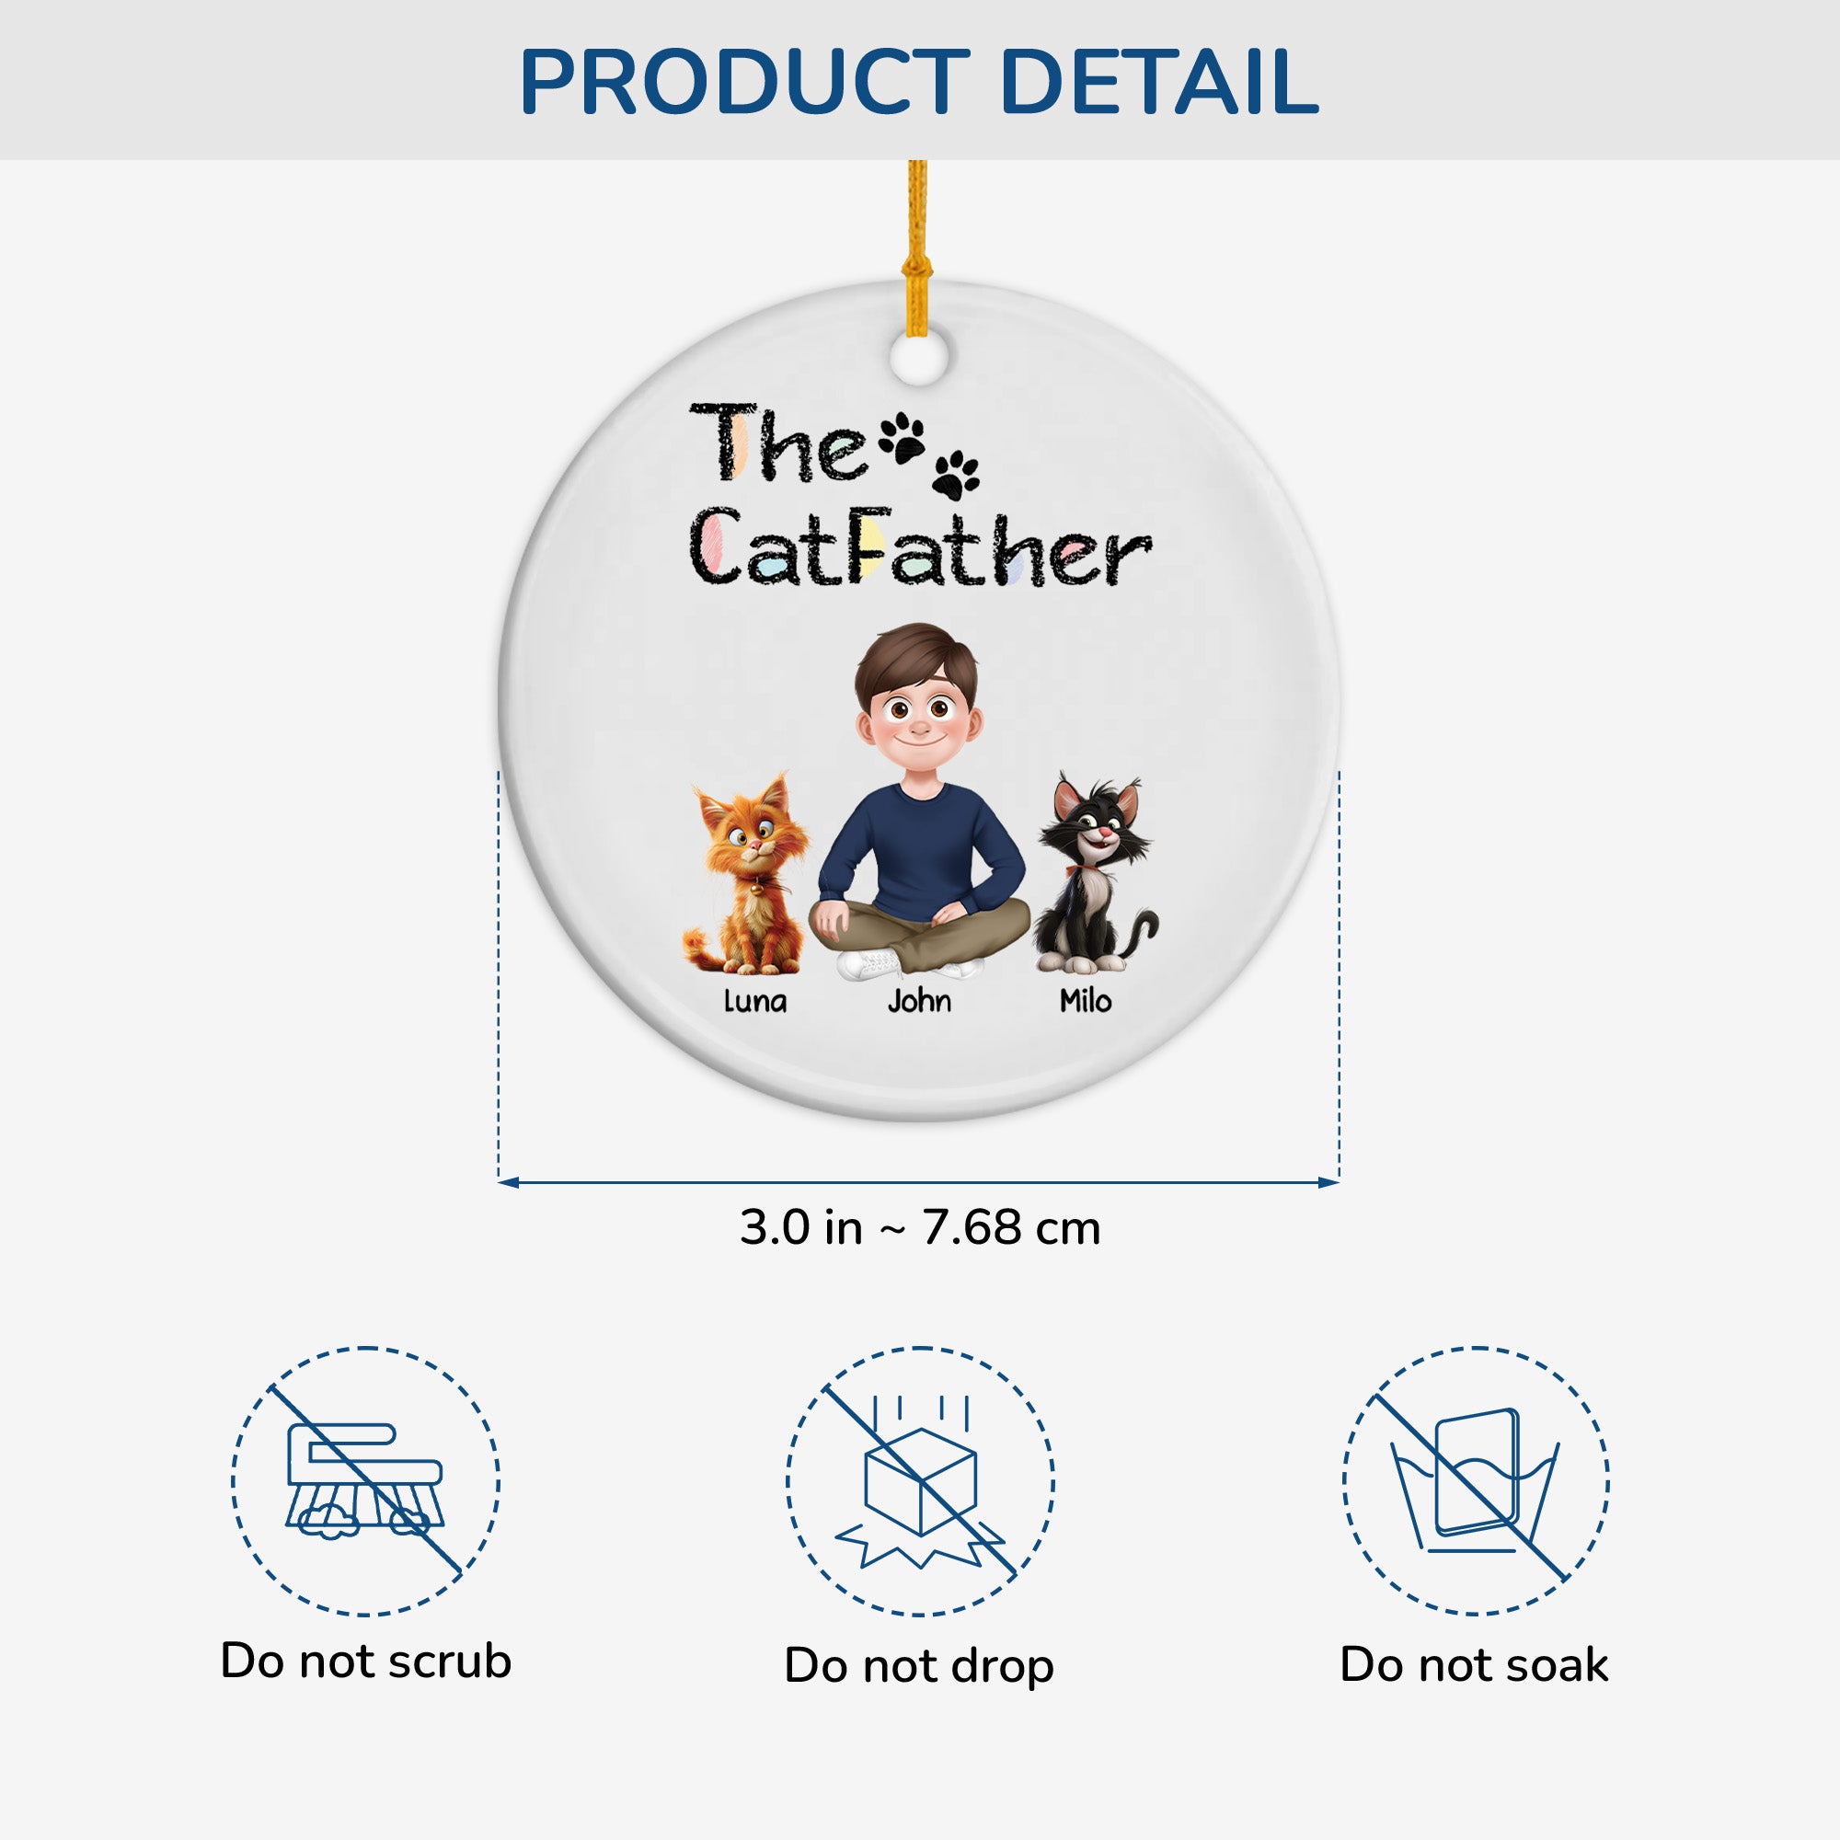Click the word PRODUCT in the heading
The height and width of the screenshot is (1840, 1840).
coord(745,82)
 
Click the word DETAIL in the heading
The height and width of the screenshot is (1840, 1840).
coord(1160,82)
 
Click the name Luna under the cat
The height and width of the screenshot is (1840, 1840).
coord(755,1001)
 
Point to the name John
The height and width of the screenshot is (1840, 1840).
coord(919,1001)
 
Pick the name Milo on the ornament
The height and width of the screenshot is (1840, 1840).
coord(1086,1000)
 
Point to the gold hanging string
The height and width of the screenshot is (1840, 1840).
coord(917,247)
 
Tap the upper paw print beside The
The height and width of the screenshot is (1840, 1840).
coord(902,436)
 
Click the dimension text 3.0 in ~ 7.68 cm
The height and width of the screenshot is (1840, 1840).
coord(920,1227)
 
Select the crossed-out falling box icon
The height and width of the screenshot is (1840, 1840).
coord(920,1482)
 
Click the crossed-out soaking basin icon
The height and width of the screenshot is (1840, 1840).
coord(1477,1481)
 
